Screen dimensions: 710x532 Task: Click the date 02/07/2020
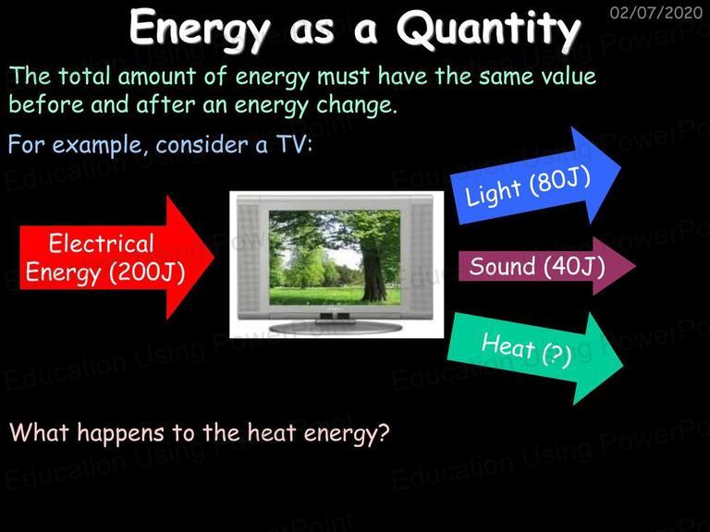[656, 12]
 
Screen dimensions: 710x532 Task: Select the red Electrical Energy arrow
[116, 258]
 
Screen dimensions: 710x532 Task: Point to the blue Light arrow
[535, 176]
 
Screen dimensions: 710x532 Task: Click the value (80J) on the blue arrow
[560, 182]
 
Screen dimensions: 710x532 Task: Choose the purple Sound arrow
[547, 266]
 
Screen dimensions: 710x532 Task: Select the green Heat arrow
[535, 357]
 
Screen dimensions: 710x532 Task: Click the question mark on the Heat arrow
[557, 354]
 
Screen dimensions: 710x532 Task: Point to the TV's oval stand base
[335, 328]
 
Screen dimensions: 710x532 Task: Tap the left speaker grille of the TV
[248, 258]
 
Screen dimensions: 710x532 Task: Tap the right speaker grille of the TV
[422, 258]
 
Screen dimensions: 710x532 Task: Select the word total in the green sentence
[84, 76]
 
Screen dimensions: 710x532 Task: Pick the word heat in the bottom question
[271, 432]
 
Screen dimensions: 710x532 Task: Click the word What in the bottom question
[39, 432]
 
